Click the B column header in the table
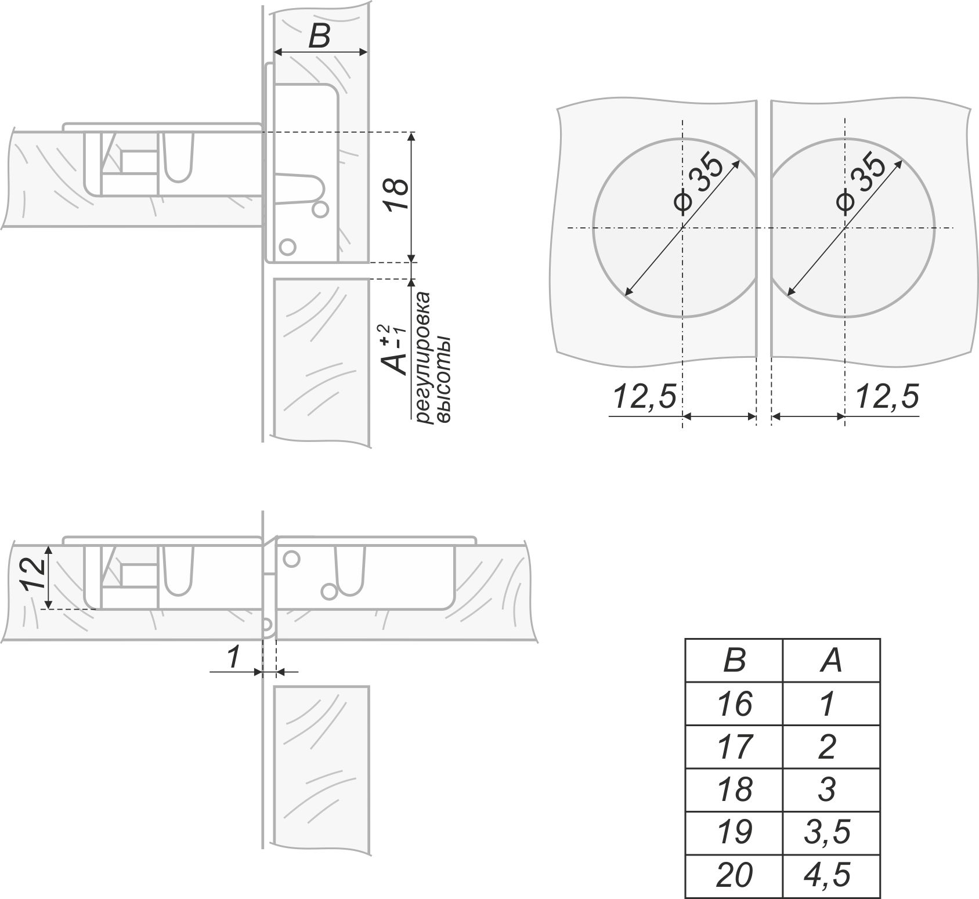734,660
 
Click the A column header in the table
832,660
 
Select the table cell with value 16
734,703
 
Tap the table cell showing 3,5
832,832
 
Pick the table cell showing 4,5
832,876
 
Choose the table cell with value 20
734,876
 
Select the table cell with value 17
734,746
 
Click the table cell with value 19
734,832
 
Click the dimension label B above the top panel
319,36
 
